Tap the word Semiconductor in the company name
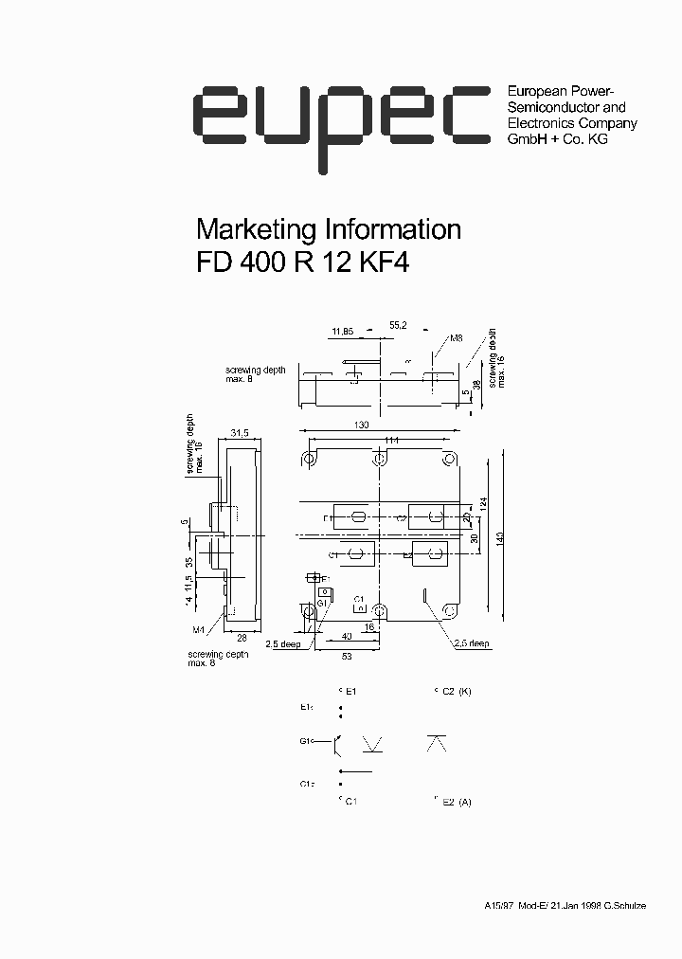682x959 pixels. (549, 107)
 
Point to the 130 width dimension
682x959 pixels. (361, 425)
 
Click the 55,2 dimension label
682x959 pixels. (399, 325)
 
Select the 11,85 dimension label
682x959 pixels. (342, 332)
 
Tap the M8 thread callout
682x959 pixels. (456, 338)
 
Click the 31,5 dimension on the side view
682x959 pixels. (239, 433)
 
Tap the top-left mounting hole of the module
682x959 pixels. (309, 460)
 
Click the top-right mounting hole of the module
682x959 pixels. (449, 460)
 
